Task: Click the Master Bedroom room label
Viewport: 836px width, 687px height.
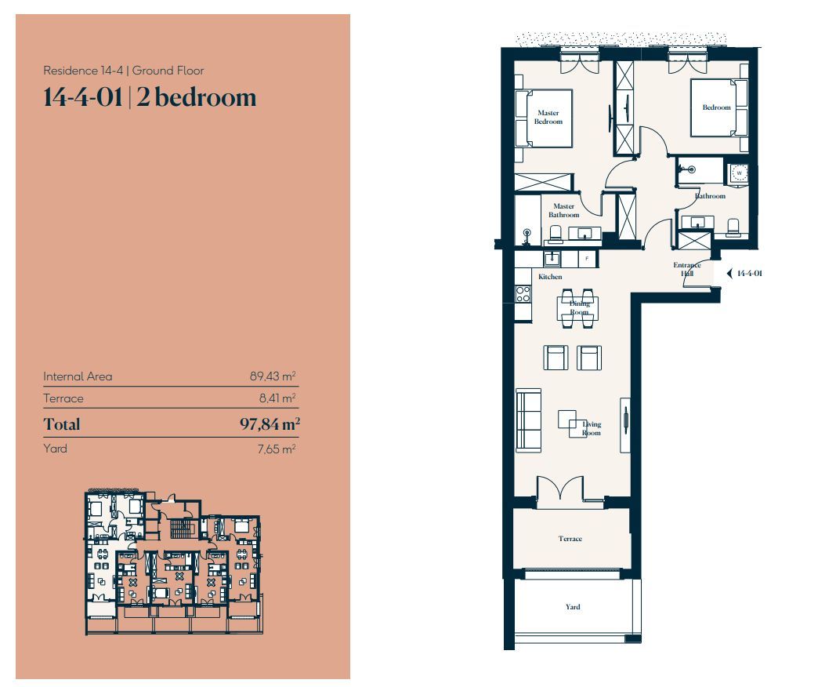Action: pos(548,118)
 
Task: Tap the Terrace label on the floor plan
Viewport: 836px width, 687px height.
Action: pos(570,539)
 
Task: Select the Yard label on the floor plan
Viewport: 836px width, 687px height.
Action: pos(573,607)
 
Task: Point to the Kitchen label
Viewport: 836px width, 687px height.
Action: pos(550,277)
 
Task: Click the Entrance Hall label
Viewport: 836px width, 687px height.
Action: pos(687,269)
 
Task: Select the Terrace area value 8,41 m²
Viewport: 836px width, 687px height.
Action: pos(277,398)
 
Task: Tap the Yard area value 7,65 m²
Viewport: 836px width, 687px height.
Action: pos(277,449)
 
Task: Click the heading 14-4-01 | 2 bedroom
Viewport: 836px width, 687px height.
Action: pos(150,97)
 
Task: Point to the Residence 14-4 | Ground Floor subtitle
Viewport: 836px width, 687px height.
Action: pos(124,71)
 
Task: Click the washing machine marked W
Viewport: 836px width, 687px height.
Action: pos(738,173)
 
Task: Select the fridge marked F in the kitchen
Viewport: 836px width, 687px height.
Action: pos(587,257)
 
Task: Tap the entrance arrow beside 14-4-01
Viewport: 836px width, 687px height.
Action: pos(729,274)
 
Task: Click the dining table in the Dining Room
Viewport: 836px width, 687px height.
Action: pos(579,308)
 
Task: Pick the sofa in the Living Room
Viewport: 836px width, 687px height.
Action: pos(528,420)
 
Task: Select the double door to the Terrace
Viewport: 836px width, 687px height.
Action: pos(559,489)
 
